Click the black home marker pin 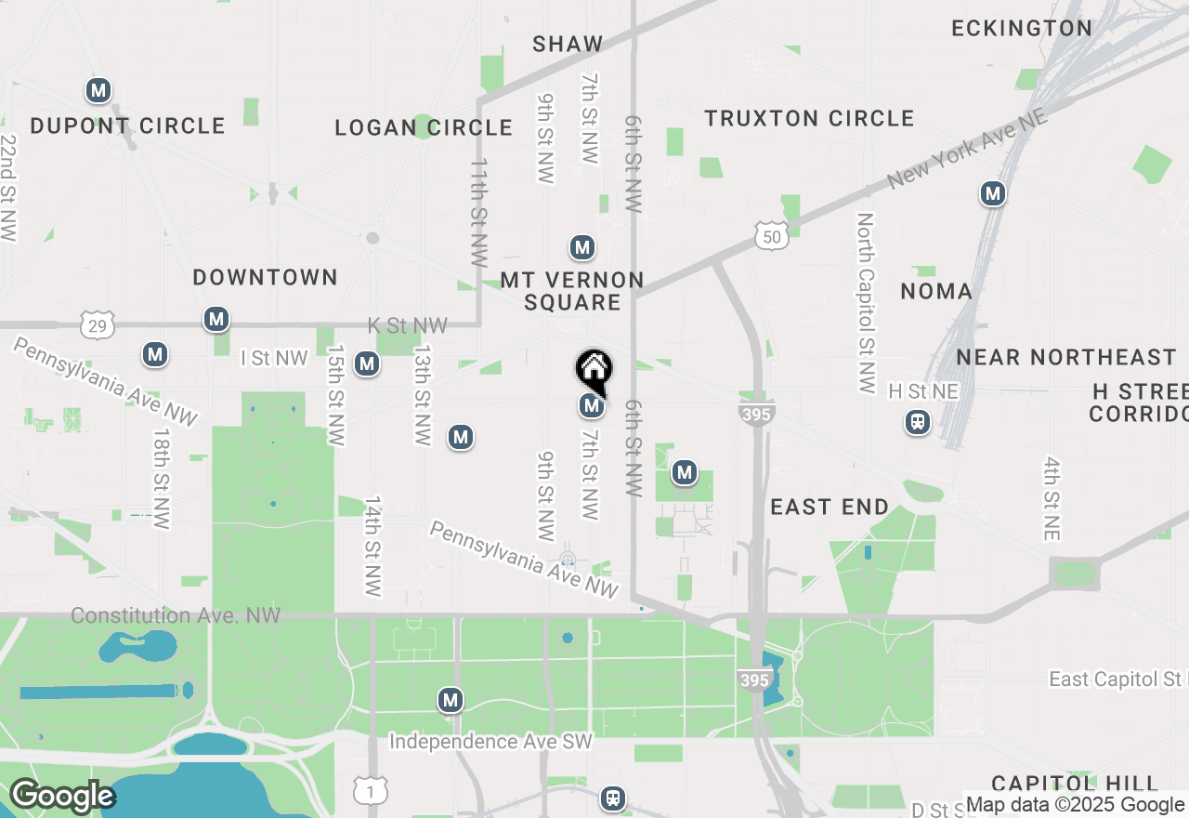pos(594,370)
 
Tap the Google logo pos(61,797)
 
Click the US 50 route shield pos(772,236)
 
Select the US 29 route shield pos(98,324)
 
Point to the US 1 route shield pos(370,791)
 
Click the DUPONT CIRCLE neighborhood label pos(127,125)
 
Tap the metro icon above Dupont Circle pos(98,91)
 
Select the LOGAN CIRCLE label pos(424,127)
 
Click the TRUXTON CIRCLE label pos(809,119)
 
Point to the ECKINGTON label pos(1022,28)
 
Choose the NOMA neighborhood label pos(936,291)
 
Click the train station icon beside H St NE pos(918,423)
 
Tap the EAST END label pos(830,507)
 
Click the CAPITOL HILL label pos(1075,783)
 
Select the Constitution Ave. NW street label pos(176,615)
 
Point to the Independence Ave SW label pos(490,742)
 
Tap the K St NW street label pos(408,326)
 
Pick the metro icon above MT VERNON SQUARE pos(582,248)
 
